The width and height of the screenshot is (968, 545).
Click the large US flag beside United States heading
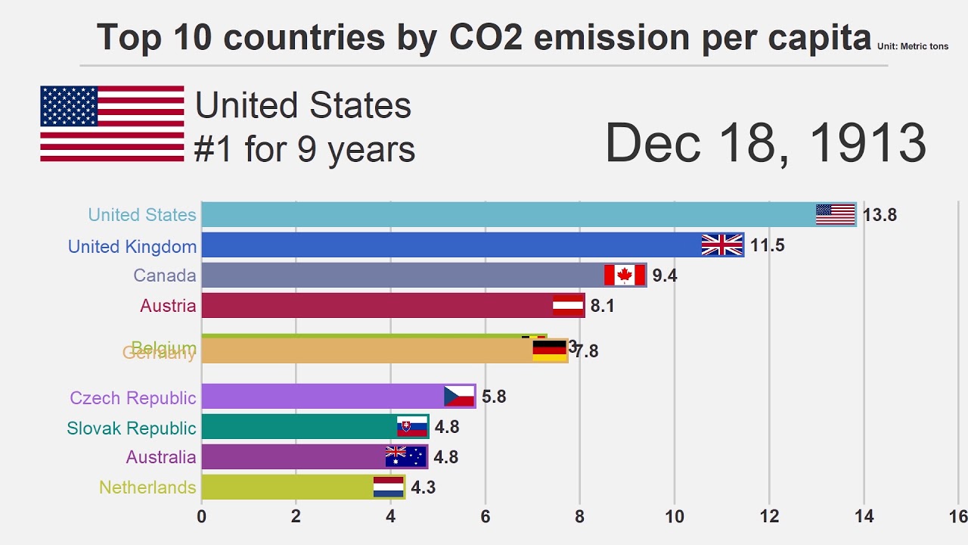[112, 123]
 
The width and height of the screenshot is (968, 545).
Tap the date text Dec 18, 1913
[765, 143]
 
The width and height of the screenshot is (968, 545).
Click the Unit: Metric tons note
[912, 47]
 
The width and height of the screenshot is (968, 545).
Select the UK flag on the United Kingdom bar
[722, 244]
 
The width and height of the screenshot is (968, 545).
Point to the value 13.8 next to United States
[880, 215]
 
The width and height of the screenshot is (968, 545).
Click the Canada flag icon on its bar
[625, 275]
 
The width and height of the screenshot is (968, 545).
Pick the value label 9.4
[665, 276]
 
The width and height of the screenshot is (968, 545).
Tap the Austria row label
[168, 306]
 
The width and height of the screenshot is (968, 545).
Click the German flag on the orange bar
[550, 350]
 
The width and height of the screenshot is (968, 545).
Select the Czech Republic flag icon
[459, 396]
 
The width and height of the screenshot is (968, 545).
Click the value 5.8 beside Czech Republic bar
[494, 397]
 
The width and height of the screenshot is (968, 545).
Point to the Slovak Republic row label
[132, 428]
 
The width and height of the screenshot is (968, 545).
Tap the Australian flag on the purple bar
[406, 456]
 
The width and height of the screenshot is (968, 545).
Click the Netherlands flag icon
[389, 487]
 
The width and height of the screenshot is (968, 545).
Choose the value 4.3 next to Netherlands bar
[423, 487]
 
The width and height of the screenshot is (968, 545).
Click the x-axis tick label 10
[675, 517]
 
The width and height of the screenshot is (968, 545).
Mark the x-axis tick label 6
[485, 517]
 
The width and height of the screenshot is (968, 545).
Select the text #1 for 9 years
[305, 149]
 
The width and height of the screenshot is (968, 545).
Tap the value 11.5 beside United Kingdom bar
[767, 245]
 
